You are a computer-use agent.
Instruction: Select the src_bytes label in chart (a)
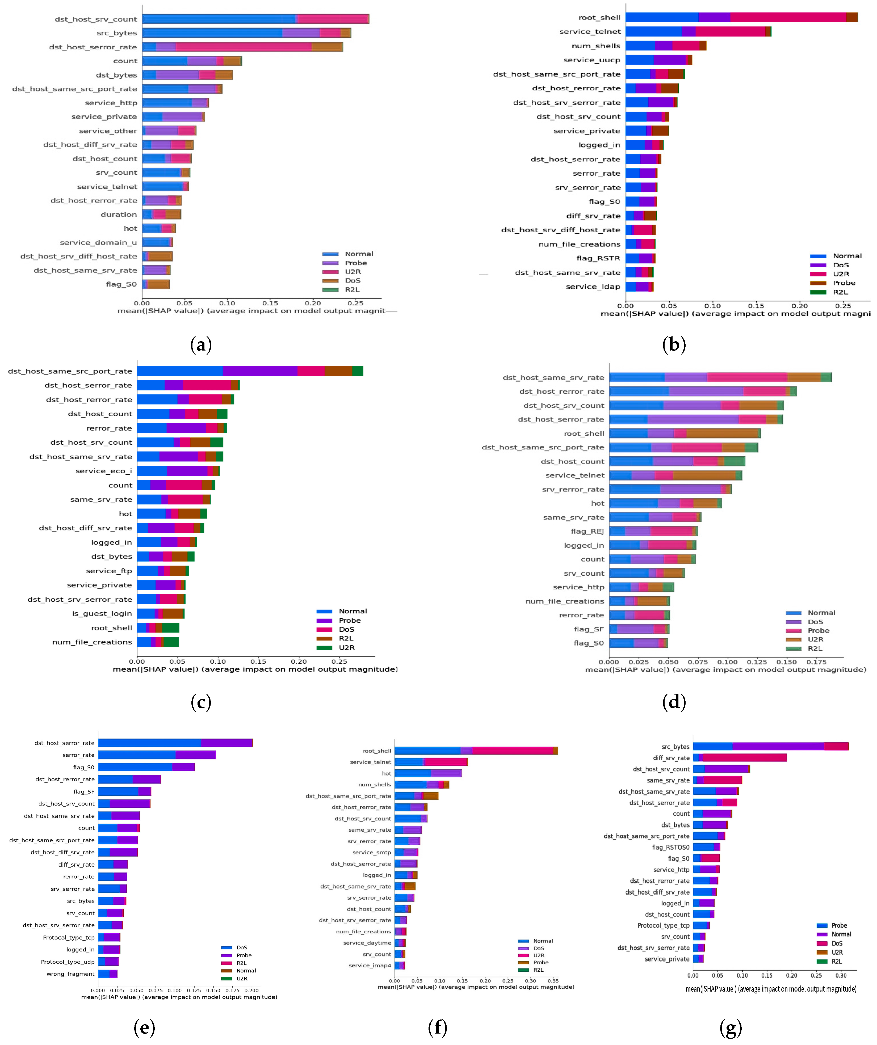point(116,33)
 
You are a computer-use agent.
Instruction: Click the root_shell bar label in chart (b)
point(599,18)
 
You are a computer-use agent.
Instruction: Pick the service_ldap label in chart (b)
point(593,286)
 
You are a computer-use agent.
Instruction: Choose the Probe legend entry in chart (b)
point(844,283)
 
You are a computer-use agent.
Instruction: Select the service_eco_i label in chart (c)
point(103,471)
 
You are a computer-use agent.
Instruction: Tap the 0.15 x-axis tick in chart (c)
point(258,661)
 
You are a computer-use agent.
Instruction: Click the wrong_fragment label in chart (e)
point(70,974)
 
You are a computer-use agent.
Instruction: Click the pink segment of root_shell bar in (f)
point(513,751)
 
